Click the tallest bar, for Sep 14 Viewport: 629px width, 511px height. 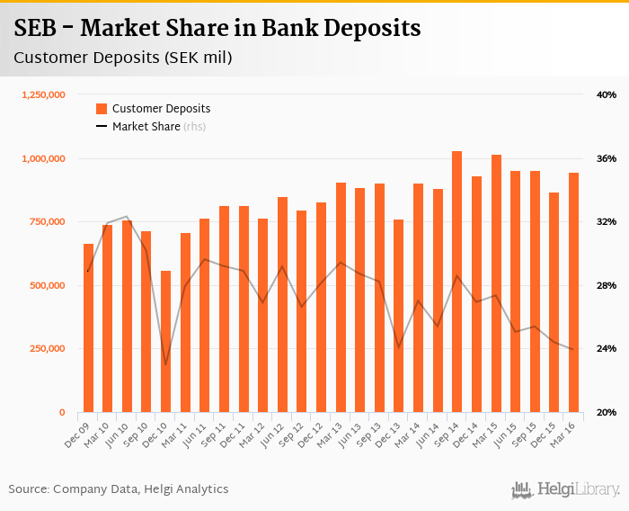(x=456, y=282)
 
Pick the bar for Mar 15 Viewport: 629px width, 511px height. (x=496, y=283)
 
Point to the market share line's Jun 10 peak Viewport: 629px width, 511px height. (x=127, y=216)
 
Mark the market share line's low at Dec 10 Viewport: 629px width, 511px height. (x=165, y=364)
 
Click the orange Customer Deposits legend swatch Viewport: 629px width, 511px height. (x=102, y=109)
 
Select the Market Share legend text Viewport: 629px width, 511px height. (x=146, y=127)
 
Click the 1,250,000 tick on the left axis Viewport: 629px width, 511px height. (x=43, y=94)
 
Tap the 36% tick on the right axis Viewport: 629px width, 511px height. (x=606, y=158)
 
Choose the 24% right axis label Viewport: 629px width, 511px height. (x=606, y=349)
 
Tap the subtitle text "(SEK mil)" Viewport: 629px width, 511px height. (x=193, y=58)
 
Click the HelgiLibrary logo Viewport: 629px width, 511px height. (x=565, y=489)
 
